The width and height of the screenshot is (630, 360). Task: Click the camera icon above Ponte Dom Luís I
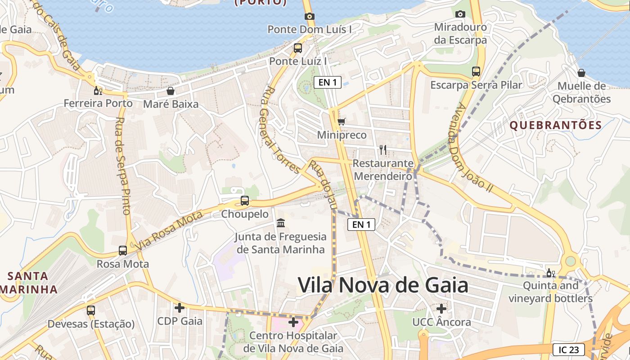(x=309, y=17)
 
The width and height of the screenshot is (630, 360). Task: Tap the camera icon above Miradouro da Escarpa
(x=460, y=14)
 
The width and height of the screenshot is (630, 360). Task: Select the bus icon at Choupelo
(x=245, y=201)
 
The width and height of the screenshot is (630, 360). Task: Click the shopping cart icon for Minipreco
(x=342, y=121)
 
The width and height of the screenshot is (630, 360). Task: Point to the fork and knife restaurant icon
(x=383, y=149)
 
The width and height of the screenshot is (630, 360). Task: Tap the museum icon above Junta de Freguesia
(x=281, y=223)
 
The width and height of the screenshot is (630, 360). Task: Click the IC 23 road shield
(x=569, y=350)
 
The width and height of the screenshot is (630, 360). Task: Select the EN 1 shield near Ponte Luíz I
(x=328, y=82)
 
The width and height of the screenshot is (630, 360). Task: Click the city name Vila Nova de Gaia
(x=383, y=285)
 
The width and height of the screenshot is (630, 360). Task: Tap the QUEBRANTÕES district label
(x=556, y=126)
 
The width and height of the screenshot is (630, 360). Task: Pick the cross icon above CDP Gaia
(x=180, y=308)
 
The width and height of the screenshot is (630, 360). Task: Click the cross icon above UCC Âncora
(x=441, y=309)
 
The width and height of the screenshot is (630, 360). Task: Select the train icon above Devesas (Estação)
(x=91, y=310)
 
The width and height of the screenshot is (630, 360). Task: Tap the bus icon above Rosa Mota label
(x=123, y=250)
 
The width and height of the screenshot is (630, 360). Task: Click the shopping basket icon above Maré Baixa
(x=171, y=91)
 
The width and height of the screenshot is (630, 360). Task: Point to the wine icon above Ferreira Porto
(x=98, y=90)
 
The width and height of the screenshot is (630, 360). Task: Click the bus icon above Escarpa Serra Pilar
(x=476, y=71)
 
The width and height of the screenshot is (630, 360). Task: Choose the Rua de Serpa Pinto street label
(x=123, y=166)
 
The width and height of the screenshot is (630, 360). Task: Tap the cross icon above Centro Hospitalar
(x=293, y=322)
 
